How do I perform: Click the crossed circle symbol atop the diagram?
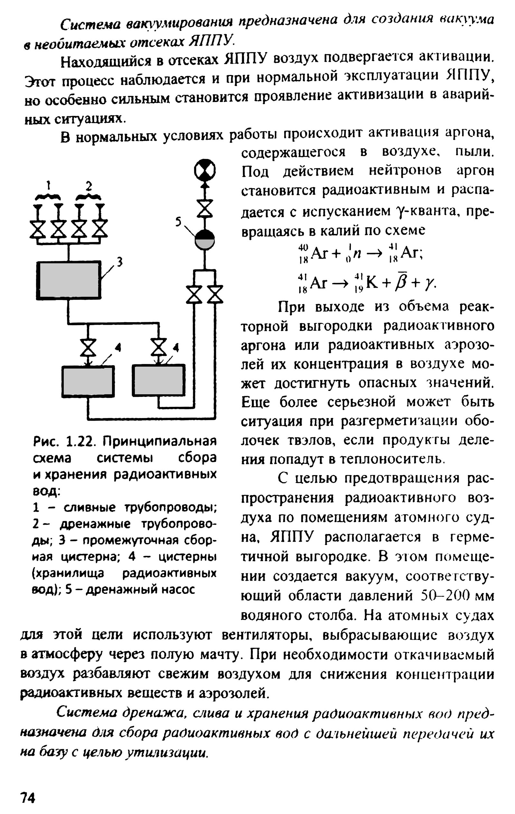(x=205, y=170)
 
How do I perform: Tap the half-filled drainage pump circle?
(x=205, y=240)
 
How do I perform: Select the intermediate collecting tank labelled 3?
(x=69, y=280)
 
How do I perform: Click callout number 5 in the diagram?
(x=179, y=221)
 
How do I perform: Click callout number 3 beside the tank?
(x=119, y=261)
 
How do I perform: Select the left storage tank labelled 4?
(x=88, y=381)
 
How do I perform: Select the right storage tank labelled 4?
(x=159, y=380)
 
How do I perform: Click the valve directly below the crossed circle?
(x=205, y=208)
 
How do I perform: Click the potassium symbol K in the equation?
(x=371, y=282)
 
